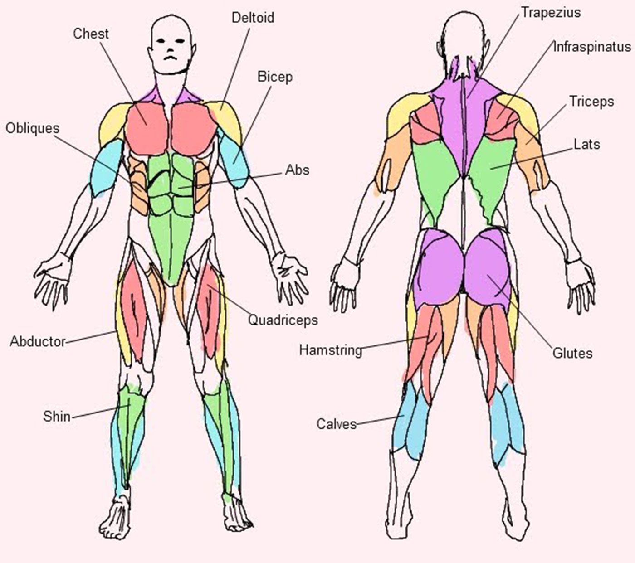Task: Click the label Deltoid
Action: coord(253,18)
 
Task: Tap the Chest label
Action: coord(91,34)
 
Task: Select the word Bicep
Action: coord(275,77)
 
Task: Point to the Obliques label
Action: coord(33,129)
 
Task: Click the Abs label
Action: coord(297,170)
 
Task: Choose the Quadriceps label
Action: coord(283,320)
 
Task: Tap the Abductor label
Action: coord(38,341)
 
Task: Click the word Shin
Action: coord(57,417)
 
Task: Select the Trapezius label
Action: coord(551,13)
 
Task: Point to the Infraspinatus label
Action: coord(592,47)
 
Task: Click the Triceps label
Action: coord(591,102)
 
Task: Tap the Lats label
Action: coord(587,145)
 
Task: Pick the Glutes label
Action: coord(572,354)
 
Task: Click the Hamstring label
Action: coord(331,350)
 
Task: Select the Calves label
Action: coord(336,424)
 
